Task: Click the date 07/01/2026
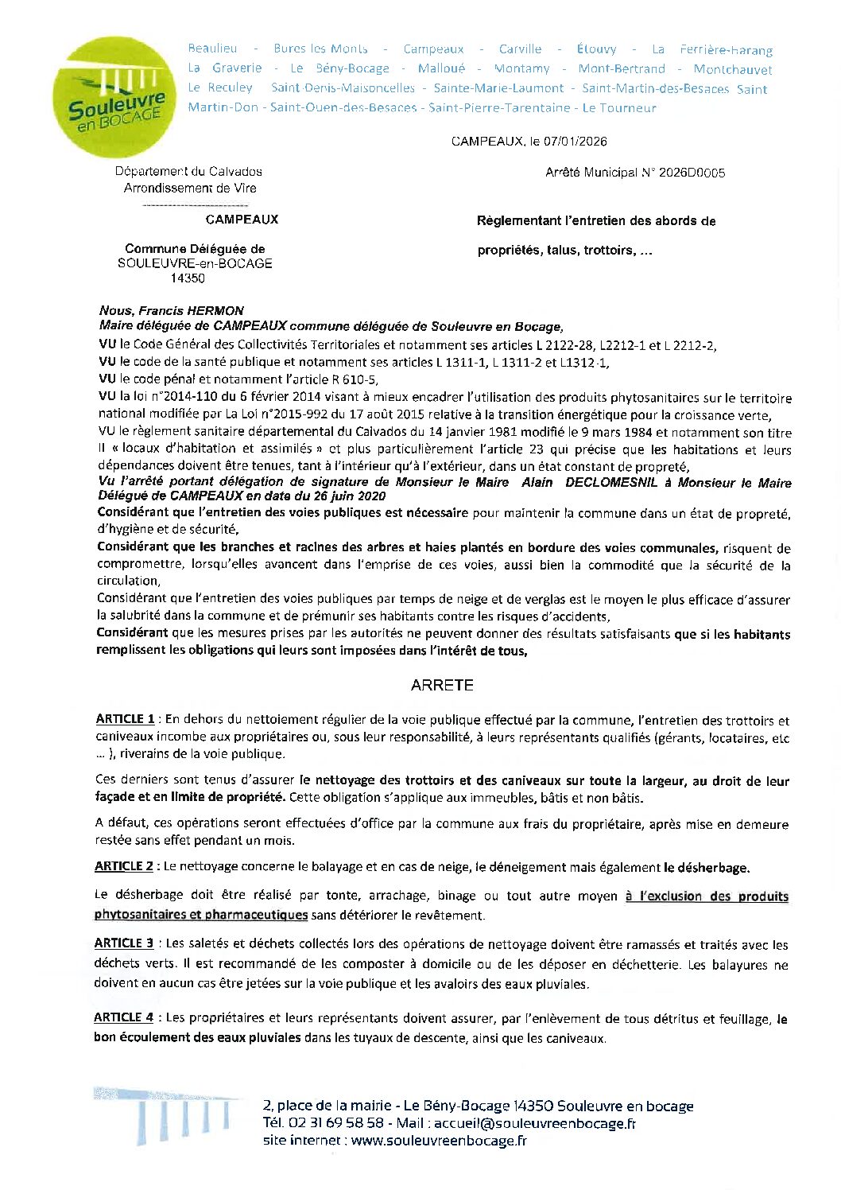coord(575,142)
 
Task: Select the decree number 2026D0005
coord(692,173)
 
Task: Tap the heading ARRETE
coord(442,685)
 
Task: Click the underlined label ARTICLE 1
coord(125,719)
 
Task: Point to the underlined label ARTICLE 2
coord(124,866)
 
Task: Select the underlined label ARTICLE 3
coord(124,943)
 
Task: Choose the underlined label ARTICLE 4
coord(124,1017)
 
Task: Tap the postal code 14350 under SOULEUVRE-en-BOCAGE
coord(187,278)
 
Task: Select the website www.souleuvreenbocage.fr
coord(439,1141)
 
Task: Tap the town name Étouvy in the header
coord(596,49)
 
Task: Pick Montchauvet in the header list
coord(732,69)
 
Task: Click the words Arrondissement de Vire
coord(190,189)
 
